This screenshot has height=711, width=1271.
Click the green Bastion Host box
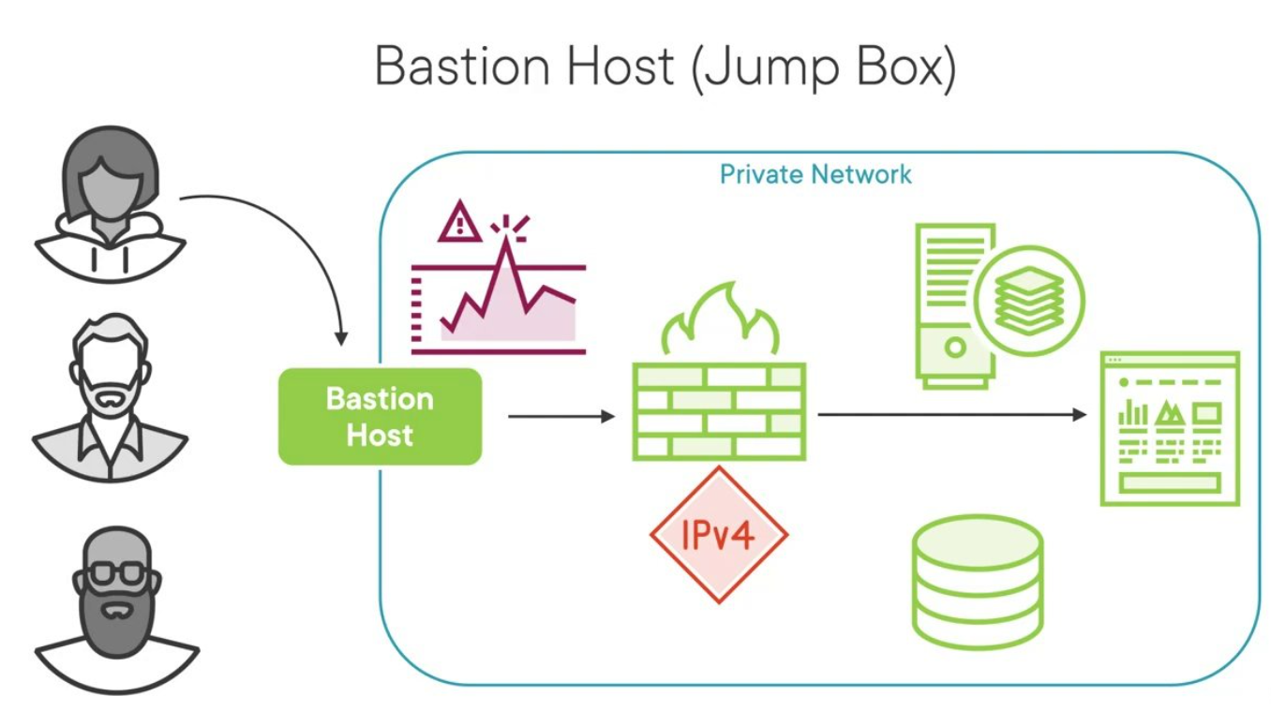[380, 417]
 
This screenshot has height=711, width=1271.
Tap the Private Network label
[815, 174]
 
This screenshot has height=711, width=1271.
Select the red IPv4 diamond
[719, 535]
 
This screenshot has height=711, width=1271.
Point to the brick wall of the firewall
[719, 412]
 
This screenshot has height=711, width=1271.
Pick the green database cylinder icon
[977, 582]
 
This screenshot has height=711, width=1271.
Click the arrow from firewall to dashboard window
[951, 414]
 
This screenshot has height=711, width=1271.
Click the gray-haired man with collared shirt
[111, 398]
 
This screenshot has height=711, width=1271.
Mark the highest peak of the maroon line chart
[507, 242]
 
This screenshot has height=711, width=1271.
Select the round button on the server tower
[954, 348]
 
